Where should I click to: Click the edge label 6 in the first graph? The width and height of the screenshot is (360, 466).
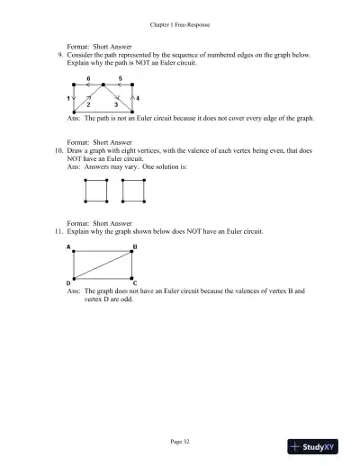(87, 79)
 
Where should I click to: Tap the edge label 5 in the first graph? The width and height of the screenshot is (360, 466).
(120, 79)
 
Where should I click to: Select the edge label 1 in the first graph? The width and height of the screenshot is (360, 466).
(69, 97)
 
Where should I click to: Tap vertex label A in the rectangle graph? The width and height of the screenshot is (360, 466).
(69, 246)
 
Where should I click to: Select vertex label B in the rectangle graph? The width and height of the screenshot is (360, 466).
(135, 246)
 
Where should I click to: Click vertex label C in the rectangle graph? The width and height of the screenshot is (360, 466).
(135, 283)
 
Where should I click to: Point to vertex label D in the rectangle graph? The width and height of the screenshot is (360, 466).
(69, 283)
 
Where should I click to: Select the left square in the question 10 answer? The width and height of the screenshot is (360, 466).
(95, 191)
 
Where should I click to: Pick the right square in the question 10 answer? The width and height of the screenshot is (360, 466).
(132, 191)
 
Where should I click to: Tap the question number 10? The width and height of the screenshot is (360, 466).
(58, 148)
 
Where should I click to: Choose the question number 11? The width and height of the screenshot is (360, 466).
(58, 232)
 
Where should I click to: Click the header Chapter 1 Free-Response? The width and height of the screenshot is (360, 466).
(180, 24)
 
